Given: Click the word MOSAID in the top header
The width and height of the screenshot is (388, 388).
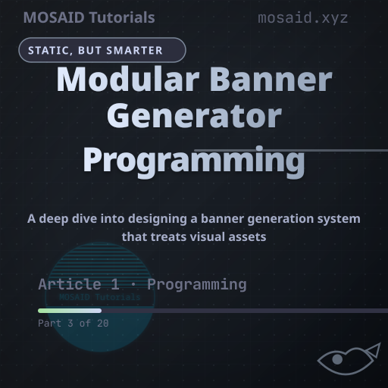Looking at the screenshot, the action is coord(54,17).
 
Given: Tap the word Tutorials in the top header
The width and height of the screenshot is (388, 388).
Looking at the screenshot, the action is coord(122,17).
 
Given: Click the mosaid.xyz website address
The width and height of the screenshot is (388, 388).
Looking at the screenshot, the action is coord(303,18).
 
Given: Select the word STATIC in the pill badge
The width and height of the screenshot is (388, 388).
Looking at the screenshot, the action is coord(48,51).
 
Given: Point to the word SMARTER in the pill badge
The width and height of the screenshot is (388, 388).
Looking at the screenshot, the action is coord(134,51).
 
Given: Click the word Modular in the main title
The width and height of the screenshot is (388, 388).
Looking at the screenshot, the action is coord(128,79).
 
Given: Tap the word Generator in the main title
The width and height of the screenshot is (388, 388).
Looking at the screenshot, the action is coord(194,116).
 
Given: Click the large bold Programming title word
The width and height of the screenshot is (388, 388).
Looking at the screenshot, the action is coord(194,161).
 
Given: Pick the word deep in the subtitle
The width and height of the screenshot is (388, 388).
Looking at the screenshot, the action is coord(54,218).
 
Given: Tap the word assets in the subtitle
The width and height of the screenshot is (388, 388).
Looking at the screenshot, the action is coord(247,237).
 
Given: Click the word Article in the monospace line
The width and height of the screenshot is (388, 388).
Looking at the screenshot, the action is coord(70,284).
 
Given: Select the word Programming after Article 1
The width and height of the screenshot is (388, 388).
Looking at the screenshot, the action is coord(197,285).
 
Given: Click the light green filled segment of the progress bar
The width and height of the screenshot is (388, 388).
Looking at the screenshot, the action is coord(70,311).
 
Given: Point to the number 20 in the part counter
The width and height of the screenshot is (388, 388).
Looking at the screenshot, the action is coord(103,324).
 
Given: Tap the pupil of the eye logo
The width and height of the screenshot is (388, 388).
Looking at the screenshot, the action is coord(337,359).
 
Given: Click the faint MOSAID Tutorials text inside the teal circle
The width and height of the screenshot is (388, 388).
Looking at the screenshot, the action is coord(99,297).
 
